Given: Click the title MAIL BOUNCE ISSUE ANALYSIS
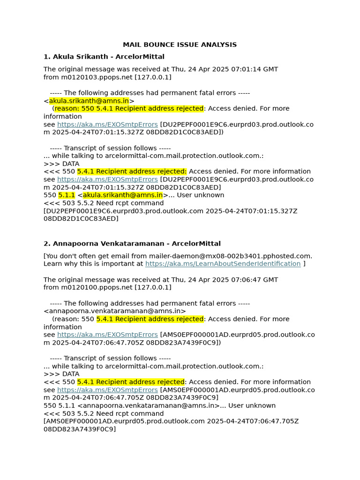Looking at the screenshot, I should [x=180, y=45].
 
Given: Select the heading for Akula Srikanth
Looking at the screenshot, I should [x=104, y=57].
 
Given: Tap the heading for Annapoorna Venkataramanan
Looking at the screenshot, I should [x=132, y=244].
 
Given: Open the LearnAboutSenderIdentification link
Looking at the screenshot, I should [x=223, y=264].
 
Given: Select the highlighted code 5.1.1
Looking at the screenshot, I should [x=67, y=195].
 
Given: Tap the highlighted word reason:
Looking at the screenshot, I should [x=67, y=109].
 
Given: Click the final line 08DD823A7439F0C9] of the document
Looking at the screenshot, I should [x=79, y=429].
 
